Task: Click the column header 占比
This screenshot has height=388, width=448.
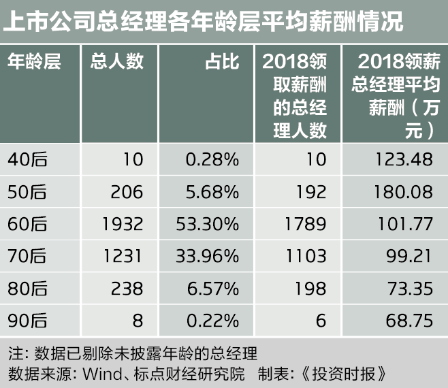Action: [x=222, y=62]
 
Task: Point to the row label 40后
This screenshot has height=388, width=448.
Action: [x=27, y=159]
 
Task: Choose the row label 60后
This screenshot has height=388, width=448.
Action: [x=27, y=223]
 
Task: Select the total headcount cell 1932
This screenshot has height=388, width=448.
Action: [x=122, y=223]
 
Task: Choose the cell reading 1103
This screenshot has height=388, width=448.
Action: [x=306, y=256]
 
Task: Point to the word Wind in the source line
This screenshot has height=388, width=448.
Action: [x=100, y=374]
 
